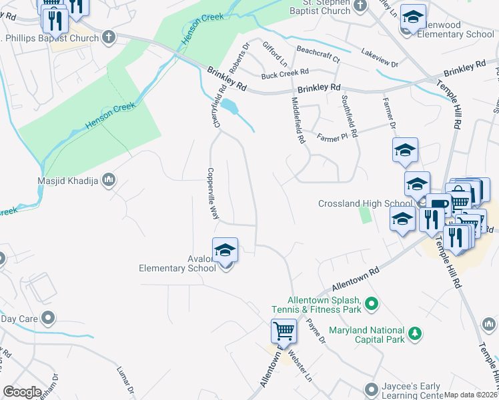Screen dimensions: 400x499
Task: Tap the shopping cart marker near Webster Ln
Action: click(x=284, y=331)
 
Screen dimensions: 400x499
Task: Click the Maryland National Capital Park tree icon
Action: click(x=415, y=332)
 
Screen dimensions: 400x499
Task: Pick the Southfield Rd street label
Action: click(x=351, y=116)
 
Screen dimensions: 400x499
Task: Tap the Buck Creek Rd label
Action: click(x=285, y=73)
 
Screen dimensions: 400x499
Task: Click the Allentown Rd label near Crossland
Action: click(x=355, y=281)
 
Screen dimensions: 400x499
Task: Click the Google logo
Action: click(x=22, y=391)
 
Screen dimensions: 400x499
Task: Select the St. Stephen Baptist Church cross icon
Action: click(x=360, y=7)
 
